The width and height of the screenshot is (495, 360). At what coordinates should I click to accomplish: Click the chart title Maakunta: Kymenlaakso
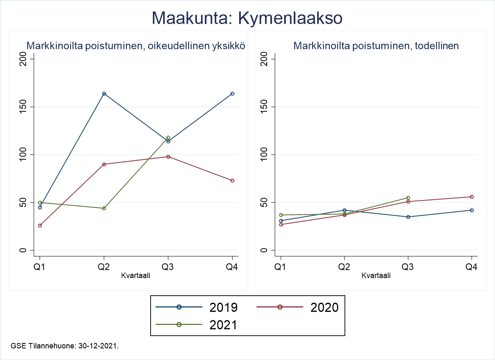pyautogui.click(x=247, y=18)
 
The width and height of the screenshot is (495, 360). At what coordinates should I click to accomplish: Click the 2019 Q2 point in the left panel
pyautogui.click(x=104, y=94)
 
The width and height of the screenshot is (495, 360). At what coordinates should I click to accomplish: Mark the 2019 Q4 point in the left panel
pyautogui.click(x=232, y=94)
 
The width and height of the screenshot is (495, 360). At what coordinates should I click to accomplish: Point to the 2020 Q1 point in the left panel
pyautogui.click(x=40, y=226)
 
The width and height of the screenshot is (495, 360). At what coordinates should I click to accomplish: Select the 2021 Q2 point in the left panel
pyautogui.click(x=104, y=208)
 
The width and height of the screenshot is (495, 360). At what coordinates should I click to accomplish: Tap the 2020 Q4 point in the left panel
pyautogui.click(x=232, y=180)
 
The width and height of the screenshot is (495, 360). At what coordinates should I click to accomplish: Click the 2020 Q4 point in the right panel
pyautogui.click(x=472, y=197)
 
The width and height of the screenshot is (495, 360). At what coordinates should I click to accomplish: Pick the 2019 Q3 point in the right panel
pyautogui.click(x=408, y=217)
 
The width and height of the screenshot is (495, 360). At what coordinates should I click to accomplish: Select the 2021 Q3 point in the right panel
pyautogui.click(x=408, y=198)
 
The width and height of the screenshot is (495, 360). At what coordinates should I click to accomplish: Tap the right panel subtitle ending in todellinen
pyautogui.click(x=376, y=46)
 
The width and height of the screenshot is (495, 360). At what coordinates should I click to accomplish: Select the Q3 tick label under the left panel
pyautogui.click(x=168, y=267)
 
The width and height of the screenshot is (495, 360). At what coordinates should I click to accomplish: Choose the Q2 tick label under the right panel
pyautogui.click(x=344, y=267)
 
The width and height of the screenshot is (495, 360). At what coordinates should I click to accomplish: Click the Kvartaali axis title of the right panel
pyautogui.click(x=376, y=275)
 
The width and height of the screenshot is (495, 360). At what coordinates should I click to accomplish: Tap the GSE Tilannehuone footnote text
pyautogui.click(x=65, y=346)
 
